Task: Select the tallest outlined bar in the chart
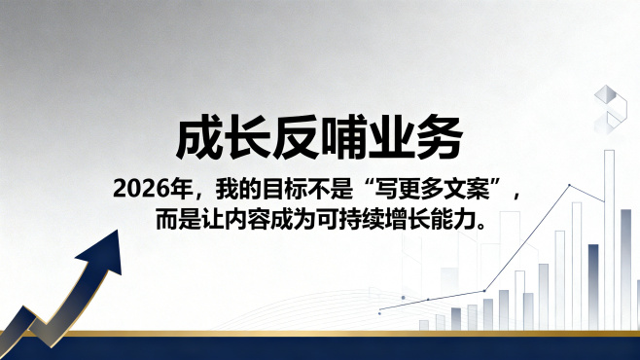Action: coord(610,239)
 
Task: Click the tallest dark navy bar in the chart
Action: coord(593,287)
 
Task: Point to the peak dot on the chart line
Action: coord(569,185)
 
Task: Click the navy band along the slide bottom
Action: coord(320,348)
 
